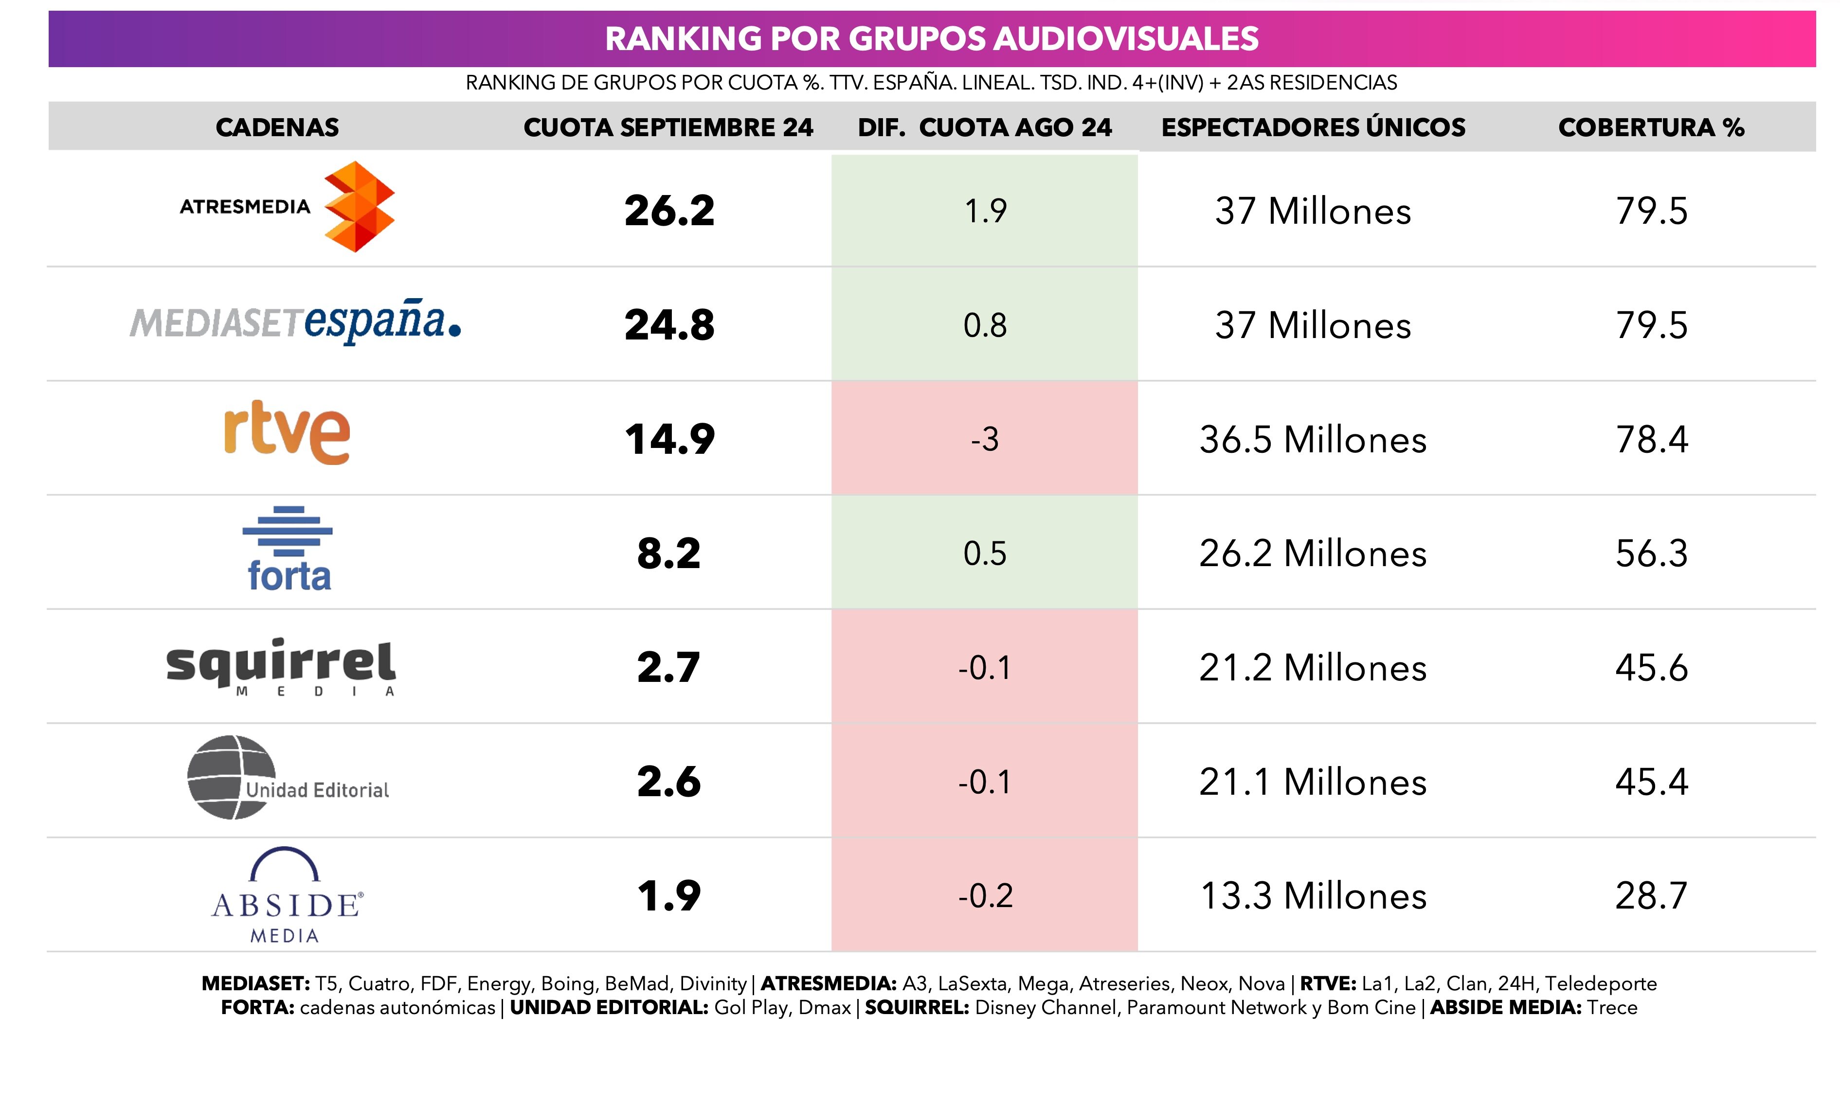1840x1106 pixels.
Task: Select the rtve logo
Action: [x=287, y=433]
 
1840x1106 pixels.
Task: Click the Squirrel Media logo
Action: [x=281, y=665]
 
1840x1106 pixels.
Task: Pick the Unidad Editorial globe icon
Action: [x=231, y=777]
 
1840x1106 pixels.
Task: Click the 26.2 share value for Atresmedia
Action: [x=669, y=211]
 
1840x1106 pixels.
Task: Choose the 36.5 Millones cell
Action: [x=1312, y=440]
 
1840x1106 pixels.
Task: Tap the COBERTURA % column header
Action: [x=1651, y=127]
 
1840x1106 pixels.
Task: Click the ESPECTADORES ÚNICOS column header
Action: [x=1312, y=127]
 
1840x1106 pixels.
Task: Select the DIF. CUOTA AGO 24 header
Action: [x=984, y=127]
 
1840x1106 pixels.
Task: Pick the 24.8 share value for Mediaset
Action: [x=669, y=325]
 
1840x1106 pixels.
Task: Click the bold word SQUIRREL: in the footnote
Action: [x=916, y=1008]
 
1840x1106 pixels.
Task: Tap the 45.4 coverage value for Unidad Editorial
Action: [x=1651, y=782]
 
